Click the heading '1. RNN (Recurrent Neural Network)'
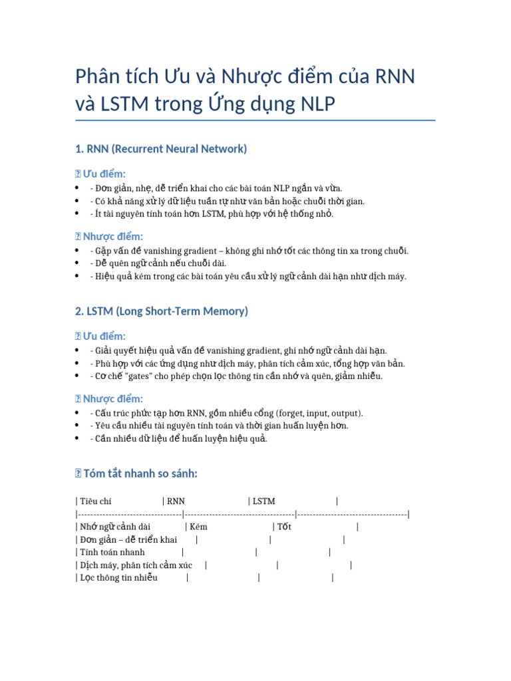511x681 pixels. [161, 149]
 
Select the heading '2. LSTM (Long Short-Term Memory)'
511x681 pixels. [162, 311]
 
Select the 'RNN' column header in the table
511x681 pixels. [176, 501]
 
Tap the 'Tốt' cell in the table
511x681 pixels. [284, 527]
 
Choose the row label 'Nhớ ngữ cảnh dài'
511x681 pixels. [114, 527]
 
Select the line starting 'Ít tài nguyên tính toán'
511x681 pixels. [212, 213]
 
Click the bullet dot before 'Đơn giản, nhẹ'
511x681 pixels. [79, 189]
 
